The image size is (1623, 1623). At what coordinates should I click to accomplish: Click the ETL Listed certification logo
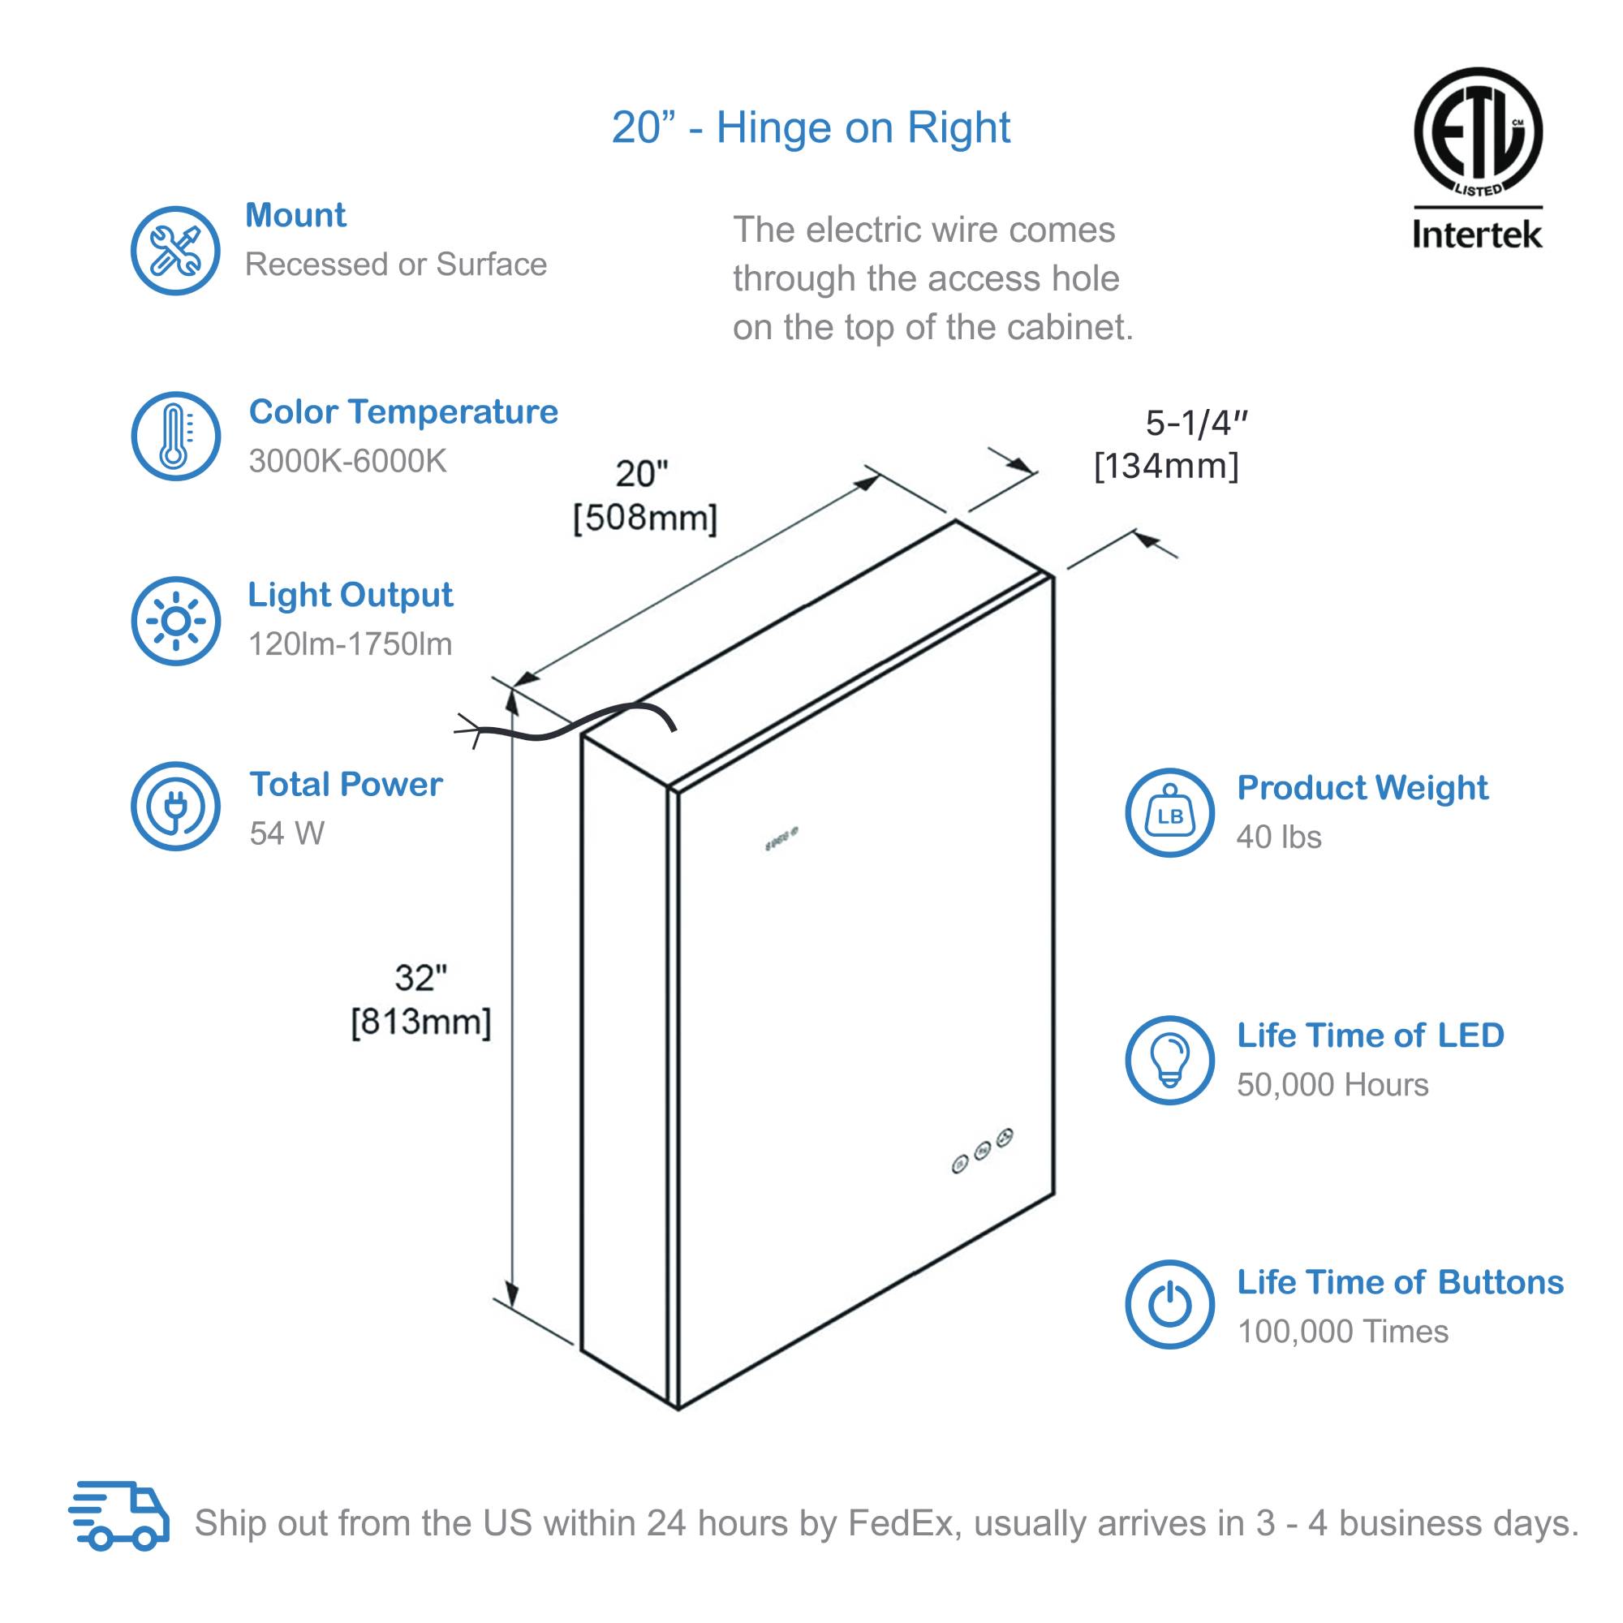[1477, 132]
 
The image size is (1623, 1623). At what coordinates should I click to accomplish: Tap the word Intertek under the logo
[1477, 235]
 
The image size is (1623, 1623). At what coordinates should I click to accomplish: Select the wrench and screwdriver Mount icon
[174, 250]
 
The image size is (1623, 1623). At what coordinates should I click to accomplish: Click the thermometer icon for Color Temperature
[174, 436]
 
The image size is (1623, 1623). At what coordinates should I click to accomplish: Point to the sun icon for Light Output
[174, 621]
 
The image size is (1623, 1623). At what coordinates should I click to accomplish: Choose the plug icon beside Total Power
[174, 806]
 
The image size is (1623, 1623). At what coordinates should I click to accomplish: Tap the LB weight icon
[1169, 812]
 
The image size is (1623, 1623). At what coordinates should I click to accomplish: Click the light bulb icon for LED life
[1169, 1059]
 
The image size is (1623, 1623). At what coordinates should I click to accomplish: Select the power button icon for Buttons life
[1169, 1304]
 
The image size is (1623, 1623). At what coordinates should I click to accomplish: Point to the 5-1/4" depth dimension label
[1196, 424]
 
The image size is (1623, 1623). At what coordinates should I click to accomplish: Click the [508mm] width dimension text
[644, 518]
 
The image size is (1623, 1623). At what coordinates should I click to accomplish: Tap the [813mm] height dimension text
[420, 1022]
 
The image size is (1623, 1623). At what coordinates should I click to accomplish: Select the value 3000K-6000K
[348, 461]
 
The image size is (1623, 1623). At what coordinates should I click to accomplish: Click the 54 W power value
[286, 833]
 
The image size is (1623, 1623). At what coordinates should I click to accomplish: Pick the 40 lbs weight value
[1279, 837]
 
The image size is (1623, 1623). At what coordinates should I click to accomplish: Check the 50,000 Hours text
[1332, 1084]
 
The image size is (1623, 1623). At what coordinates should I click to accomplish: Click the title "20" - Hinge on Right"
[811, 127]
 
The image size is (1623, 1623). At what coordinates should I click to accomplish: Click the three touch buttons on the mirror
[982, 1150]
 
